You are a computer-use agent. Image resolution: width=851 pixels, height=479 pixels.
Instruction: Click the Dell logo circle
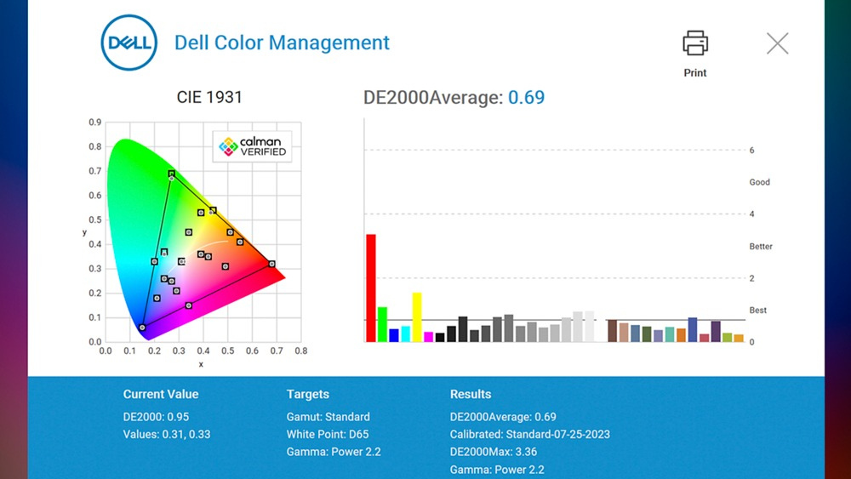(129, 43)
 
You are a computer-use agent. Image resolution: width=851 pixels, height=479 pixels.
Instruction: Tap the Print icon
(695, 43)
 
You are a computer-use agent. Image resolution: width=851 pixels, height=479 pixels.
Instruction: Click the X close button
(777, 43)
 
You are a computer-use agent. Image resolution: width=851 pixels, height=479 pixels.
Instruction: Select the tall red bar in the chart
(371, 288)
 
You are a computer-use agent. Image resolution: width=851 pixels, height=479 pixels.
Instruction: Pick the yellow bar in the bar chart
(417, 316)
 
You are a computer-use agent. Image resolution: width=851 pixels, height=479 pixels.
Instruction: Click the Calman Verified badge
(253, 146)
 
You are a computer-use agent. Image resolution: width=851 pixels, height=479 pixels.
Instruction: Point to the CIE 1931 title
(209, 97)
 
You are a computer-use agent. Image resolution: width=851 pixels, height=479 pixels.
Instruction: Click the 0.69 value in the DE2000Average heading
(526, 97)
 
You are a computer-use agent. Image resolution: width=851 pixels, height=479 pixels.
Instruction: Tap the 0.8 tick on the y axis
(95, 146)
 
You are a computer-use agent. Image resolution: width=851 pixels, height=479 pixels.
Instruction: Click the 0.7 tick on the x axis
(276, 350)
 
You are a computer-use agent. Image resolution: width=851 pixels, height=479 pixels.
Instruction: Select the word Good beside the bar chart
(759, 182)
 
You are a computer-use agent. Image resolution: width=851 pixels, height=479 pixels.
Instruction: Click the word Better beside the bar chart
(761, 247)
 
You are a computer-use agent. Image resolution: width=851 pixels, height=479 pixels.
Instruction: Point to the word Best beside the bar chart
(757, 311)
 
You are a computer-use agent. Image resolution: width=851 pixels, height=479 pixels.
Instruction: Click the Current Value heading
(161, 394)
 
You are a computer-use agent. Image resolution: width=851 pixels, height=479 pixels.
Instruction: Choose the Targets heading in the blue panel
(308, 394)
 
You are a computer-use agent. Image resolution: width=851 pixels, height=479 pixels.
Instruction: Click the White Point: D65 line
(328, 434)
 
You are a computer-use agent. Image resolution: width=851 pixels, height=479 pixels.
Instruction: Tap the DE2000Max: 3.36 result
(494, 452)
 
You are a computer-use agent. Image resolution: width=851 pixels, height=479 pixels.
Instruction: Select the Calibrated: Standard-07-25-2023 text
(529, 434)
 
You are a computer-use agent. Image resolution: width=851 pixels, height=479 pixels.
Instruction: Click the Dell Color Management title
(282, 43)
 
